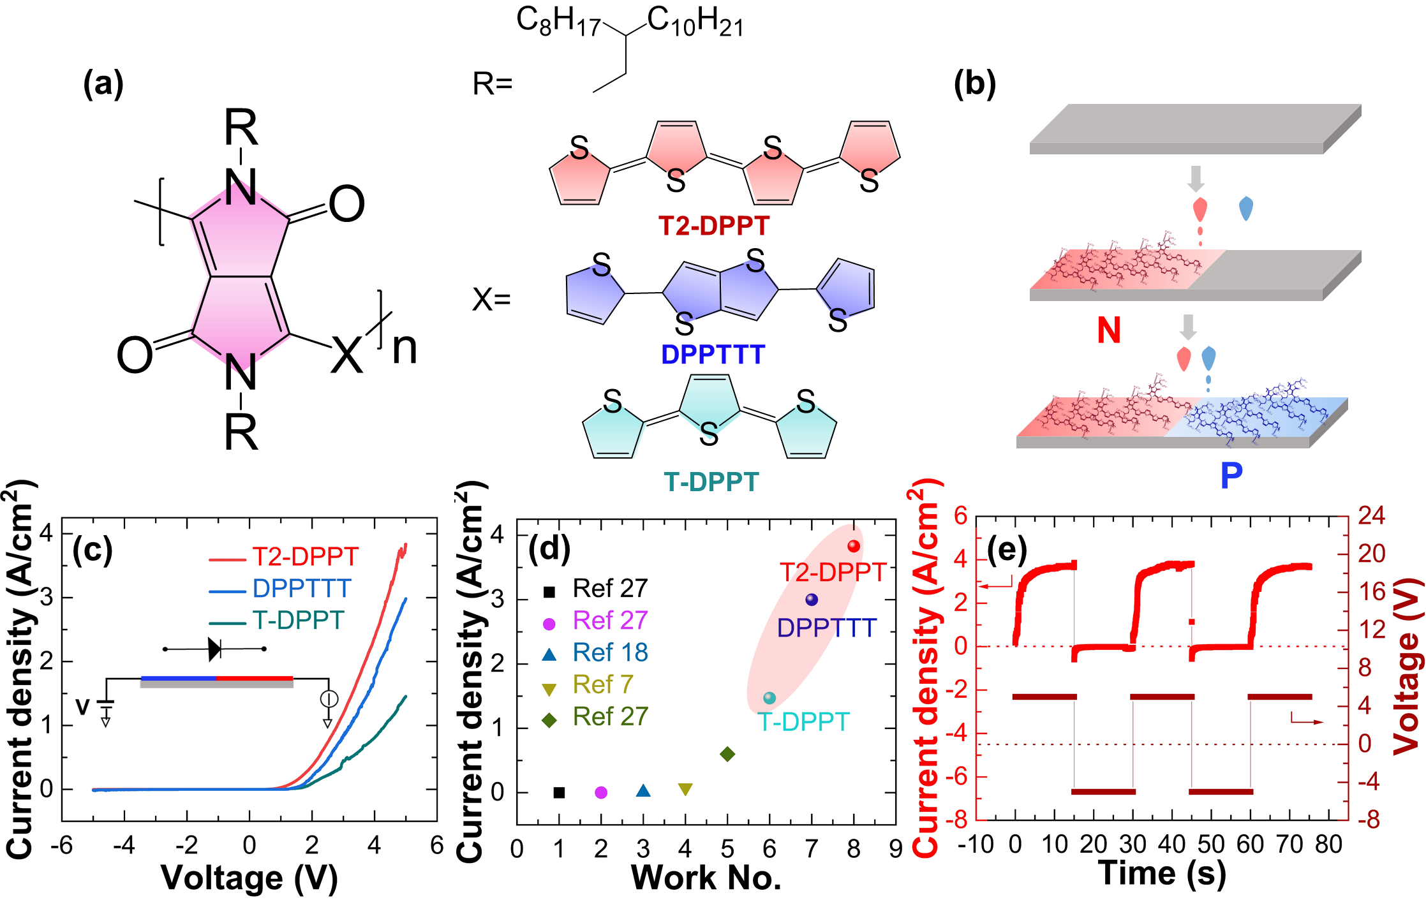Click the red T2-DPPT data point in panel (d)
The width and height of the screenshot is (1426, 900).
pyautogui.click(x=854, y=546)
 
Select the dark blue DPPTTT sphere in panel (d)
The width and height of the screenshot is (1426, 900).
pyautogui.click(x=812, y=600)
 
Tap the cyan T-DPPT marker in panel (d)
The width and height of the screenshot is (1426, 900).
pyautogui.click(x=769, y=698)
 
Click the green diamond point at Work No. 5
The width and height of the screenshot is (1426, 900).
pyautogui.click(x=727, y=754)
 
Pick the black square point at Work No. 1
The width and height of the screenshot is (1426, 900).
pyautogui.click(x=559, y=792)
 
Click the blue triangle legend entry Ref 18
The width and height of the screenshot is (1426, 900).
pyautogui.click(x=595, y=653)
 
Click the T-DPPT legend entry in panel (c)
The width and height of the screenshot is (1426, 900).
pyautogui.click(x=278, y=621)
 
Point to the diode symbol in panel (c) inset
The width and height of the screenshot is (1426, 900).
pyautogui.click(x=215, y=649)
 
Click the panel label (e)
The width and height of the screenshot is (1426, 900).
pyautogui.click(x=1007, y=550)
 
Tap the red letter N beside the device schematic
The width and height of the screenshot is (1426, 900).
pyautogui.click(x=1109, y=330)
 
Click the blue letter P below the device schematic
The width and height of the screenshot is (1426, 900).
pyautogui.click(x=1231, y=475)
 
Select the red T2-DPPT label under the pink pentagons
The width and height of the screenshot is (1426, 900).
pyautogui.click(x=714, y=226)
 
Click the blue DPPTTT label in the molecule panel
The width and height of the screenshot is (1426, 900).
pyautogui.click(x=713, y=355)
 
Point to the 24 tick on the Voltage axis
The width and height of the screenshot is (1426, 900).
pyautogui.click(x=1371, y=515)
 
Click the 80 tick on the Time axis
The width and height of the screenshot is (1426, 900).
pyautogui.click(x=1329, y=845)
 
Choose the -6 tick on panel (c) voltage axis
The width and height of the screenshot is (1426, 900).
pyautogui.click(x=62, y=846)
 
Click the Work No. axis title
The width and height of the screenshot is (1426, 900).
pyautogui.click(x=706, y=878)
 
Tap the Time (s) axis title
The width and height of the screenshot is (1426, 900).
pyautogui.click(x=1162, y=873)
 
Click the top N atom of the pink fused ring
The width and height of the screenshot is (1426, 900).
pyautogui.click(x=241, y=193)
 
